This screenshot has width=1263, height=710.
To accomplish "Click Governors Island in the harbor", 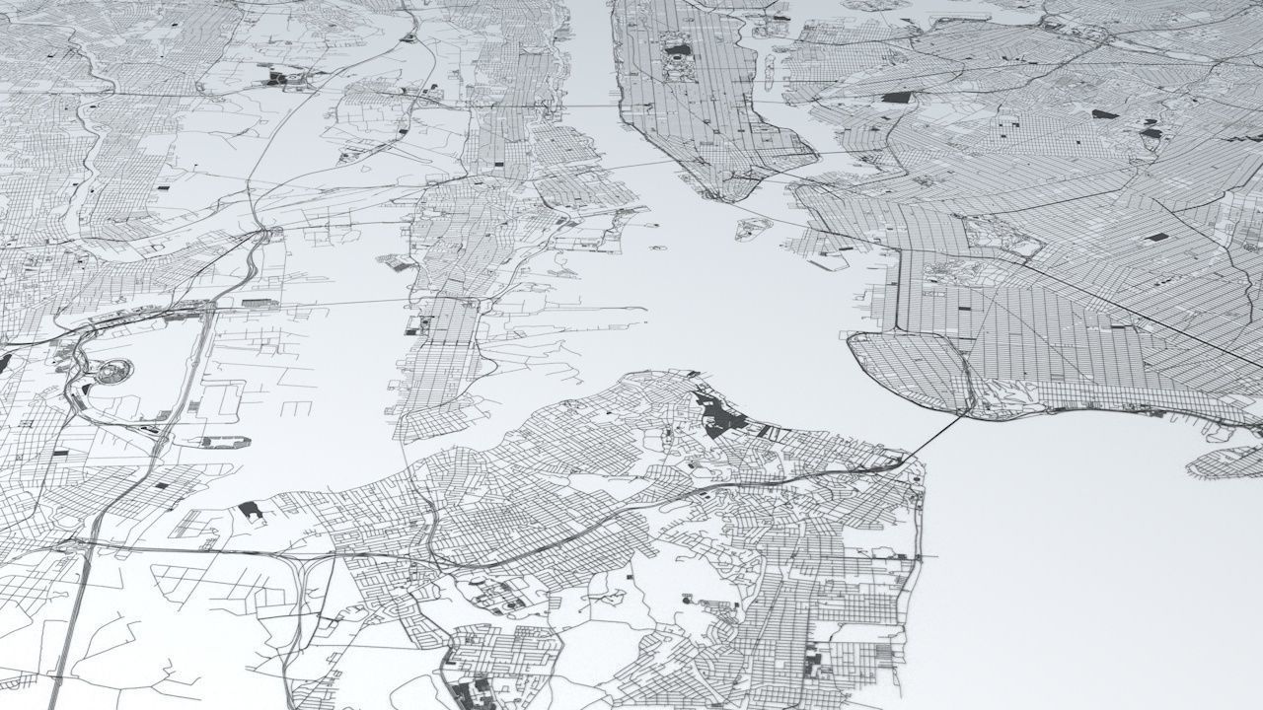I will (754, 229).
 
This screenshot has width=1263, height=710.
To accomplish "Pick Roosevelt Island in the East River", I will (768, 69).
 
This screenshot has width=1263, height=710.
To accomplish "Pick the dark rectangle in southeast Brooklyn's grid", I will (1156, 238).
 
